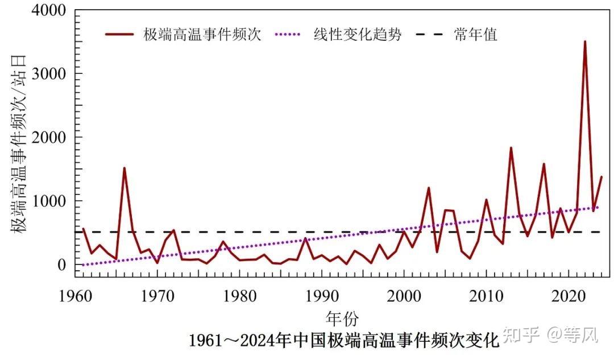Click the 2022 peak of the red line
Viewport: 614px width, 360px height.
coord(584,42)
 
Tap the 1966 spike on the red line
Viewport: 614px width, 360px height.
coord(124,168)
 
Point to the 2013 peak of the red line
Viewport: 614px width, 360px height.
coord(511,148)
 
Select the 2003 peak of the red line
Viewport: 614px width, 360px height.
coord(429,188)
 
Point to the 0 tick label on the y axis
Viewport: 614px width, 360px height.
coord(61,265)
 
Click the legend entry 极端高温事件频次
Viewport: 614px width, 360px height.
coord(202,35)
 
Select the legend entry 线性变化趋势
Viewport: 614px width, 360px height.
coord(358,35)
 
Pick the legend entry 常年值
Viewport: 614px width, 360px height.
coord(475,35)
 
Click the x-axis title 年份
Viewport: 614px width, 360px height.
coord(342,317)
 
